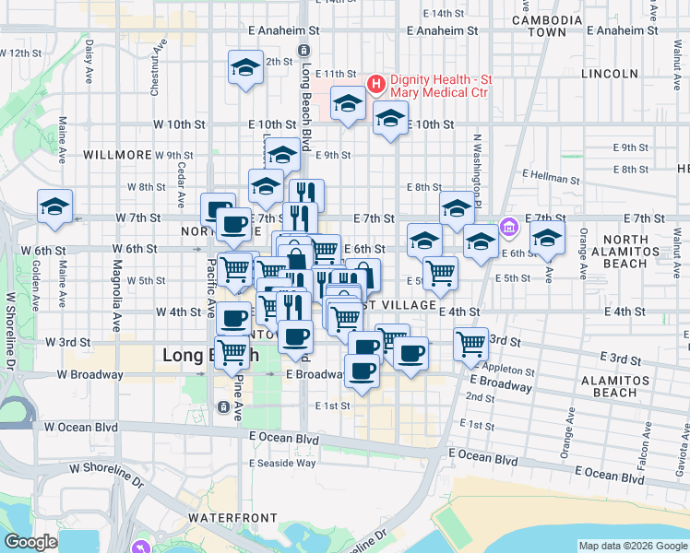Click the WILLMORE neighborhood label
pyautogui.click(x=116, y=155)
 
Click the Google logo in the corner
pyautogui.click(x=30, y=542)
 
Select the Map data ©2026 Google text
pyautogui.click(x=633, y=546)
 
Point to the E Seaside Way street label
pyautogui.click(x=282, y=463)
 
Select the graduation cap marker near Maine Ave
pyautogui.click(x=54, y=206)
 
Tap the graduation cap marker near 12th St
pyautogui.click(x=245, y=67)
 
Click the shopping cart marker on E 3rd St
pyautogui.click(x=471, y=344)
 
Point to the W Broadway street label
pyautogui.click(x=89, y=374)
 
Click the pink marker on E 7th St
pyautogui.click(x=506, y=226)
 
